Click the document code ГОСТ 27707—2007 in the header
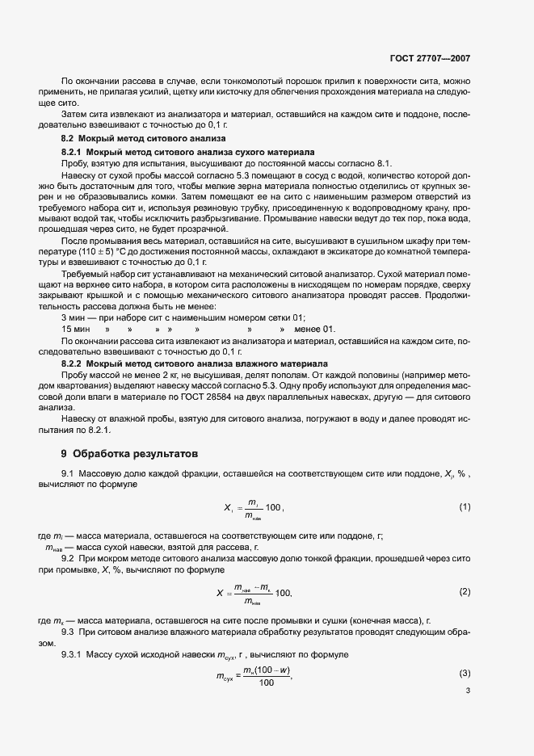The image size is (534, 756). tap(435, 59)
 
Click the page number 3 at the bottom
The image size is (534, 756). tap(468, 691)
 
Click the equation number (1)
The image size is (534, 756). tap(465, 507)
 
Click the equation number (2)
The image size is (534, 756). tap(465, 592)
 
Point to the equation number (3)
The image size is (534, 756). tap(465, 673)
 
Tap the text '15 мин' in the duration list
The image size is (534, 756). tap(76, 330)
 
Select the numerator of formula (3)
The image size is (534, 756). tap(267, 670)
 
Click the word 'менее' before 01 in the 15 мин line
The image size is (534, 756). tap(308, 330)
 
